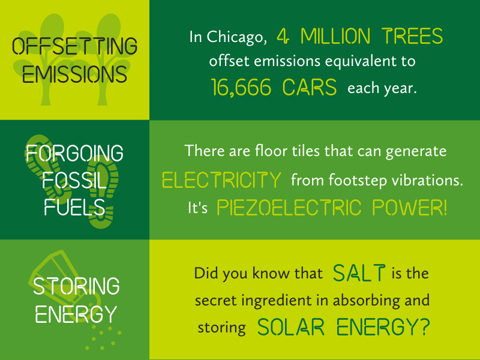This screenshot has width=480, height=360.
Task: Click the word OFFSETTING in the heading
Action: [x=74, y=46]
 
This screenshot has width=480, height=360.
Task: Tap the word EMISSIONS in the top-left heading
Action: [x=74, y=74]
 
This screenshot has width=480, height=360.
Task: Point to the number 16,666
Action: [x=241, y=88]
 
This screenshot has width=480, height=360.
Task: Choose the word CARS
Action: [x=310, y=87]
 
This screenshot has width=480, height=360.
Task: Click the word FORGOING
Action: [x=74, y=153]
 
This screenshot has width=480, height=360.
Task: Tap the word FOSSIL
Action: [x=74, y=181]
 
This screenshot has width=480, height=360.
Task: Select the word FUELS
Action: [x=74, y=207]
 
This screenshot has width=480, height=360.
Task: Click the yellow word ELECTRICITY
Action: [x=221, y=179]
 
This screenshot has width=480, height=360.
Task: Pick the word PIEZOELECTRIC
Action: [x=289, y=208]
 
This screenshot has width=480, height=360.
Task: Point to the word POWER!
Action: [x=410, y=208]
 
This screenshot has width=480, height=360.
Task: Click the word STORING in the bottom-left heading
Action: [x=76, y=287]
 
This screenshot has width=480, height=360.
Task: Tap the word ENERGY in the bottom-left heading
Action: [x=76, y=314]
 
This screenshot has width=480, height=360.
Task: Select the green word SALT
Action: [x=359, y=273]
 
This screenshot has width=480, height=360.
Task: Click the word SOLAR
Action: [x=290, y=327]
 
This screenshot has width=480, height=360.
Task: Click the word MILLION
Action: [x=335, y=36]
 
